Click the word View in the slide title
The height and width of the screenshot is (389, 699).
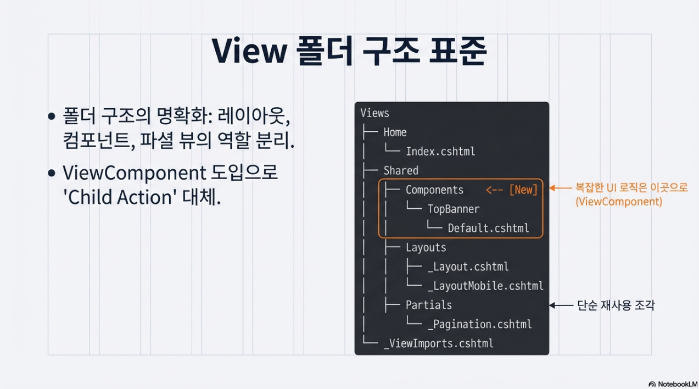click(x=249, y=51)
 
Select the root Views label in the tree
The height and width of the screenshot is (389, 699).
click(x=374, y=113)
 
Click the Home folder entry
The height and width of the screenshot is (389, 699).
click(x=395, y=132)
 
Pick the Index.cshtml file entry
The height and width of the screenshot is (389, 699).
click(x=440, y=152)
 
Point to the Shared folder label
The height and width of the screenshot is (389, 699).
click(x=401, y=171)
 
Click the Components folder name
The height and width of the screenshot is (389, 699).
click(x=434, y=190)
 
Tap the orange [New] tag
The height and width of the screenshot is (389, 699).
click(x=523, y=190)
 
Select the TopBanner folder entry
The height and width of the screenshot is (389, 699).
click(x=454, y=209)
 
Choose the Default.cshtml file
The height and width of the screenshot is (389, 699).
click(x=488, y=229)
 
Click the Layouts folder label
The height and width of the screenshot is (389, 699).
click(x=426, y=248)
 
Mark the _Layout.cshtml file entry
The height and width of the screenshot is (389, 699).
click(x=468, y=267)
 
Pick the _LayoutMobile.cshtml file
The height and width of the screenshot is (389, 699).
click(x=485, y=286)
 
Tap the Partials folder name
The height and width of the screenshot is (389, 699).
click(x=429, y=305)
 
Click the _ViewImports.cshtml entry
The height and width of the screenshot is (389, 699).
click(x=438, y=343)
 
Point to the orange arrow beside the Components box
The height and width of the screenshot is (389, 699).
click(x=561, y=188)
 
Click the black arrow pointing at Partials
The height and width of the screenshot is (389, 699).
click(x=561, y=305)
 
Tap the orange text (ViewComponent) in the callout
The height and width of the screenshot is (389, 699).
click(x=619, y=202)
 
